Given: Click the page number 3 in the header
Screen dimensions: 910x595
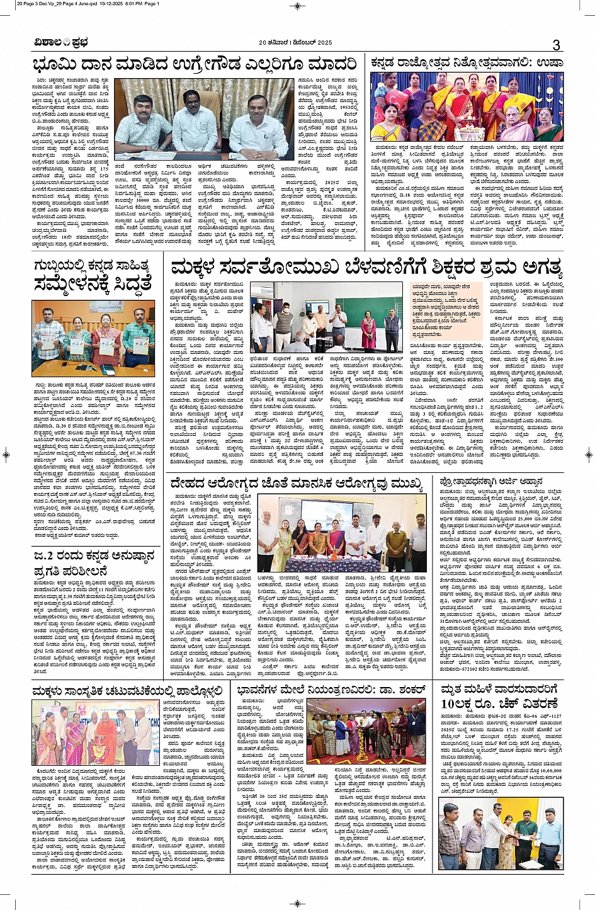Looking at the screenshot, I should pos(556,45).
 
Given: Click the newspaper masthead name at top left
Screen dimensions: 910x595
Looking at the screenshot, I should pos(62,43).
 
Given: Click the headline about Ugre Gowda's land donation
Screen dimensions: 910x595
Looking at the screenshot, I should pos(195,65).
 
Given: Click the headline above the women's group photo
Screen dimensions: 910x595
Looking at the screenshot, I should pos(465,63).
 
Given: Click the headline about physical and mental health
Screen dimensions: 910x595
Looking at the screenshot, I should pos(296,484).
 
